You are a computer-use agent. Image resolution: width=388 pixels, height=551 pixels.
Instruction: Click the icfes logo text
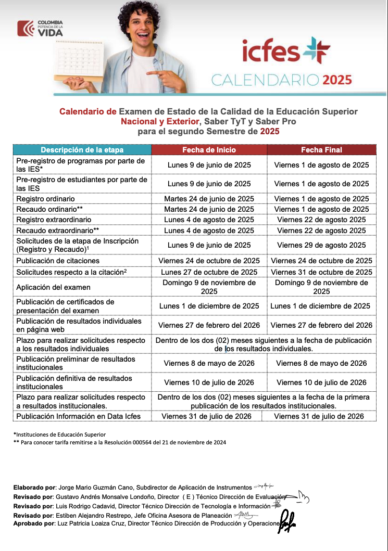(271, 53)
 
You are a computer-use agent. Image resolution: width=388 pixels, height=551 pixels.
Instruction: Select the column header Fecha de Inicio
(209, 150)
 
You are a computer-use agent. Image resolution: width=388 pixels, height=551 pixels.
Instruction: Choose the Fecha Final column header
(321, 150)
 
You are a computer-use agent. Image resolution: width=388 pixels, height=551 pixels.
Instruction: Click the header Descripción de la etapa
(82, 150)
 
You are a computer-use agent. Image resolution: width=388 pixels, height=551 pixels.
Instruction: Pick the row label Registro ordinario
(46, 199)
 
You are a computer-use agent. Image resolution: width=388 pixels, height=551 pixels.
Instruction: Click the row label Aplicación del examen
(53, 287)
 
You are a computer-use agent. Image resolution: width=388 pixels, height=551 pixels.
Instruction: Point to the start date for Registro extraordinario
(209, 220)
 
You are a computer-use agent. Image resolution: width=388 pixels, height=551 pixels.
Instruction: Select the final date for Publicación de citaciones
(321, 261)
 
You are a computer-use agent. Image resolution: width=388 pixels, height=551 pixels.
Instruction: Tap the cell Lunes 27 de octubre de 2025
(209, 272)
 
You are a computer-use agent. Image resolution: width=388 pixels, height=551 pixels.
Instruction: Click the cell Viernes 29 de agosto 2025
(321, 245)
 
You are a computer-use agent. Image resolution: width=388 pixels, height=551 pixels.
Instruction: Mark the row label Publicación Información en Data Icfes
(78, 416)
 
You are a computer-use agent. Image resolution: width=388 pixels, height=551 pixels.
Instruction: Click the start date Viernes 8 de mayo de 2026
(209, 363)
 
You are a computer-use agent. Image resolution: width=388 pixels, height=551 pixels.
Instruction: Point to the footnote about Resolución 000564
(120, 442)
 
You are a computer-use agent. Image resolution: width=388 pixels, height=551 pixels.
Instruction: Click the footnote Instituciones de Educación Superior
(59, 434)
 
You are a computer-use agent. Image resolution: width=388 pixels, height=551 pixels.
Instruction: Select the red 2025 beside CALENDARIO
(337, 80)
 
